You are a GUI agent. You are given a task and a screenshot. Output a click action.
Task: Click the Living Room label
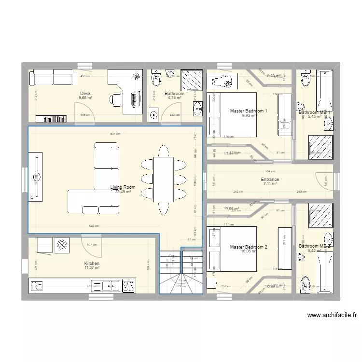[x=123, y=187]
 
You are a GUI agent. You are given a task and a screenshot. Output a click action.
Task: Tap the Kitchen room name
[x=92, y=264]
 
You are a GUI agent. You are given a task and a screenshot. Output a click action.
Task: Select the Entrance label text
[x=270, y=180]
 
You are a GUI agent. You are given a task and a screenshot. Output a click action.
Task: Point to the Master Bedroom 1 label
[x=249, y=111]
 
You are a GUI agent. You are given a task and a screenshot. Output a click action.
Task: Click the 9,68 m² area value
[x=85, y=98]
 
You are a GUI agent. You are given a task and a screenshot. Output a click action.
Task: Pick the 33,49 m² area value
[x=123, y=192]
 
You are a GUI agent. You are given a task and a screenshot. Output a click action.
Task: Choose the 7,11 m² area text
[x=270, y=184]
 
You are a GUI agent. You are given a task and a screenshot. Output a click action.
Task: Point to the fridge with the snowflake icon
[x=61, y=245]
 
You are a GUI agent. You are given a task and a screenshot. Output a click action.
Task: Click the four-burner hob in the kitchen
[x=128, y=286]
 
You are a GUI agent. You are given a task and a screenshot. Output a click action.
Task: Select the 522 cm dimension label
[x=94, y=226]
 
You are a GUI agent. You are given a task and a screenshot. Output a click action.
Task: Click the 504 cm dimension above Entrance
[x=270, y=171]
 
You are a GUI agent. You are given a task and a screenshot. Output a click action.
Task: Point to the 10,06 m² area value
[x=249, y=251]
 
